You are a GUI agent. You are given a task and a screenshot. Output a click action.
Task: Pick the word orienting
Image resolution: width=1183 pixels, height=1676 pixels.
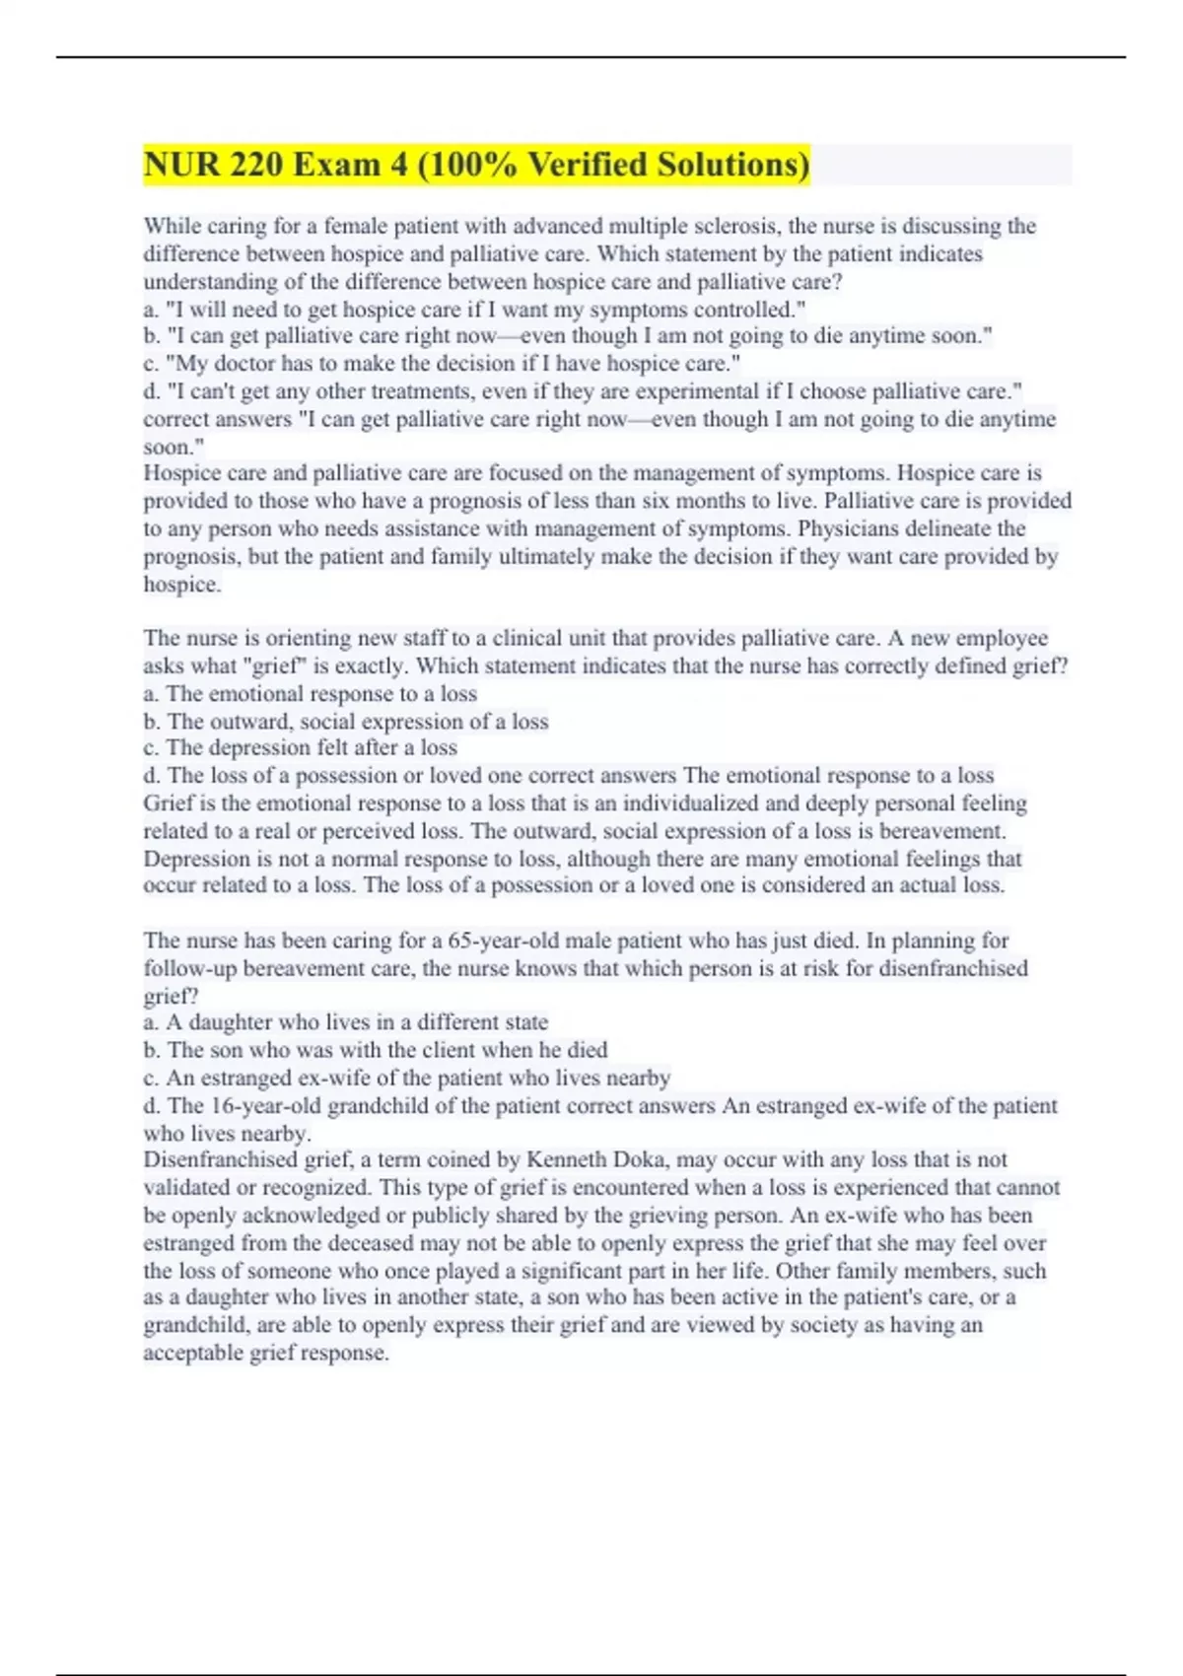294,639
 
